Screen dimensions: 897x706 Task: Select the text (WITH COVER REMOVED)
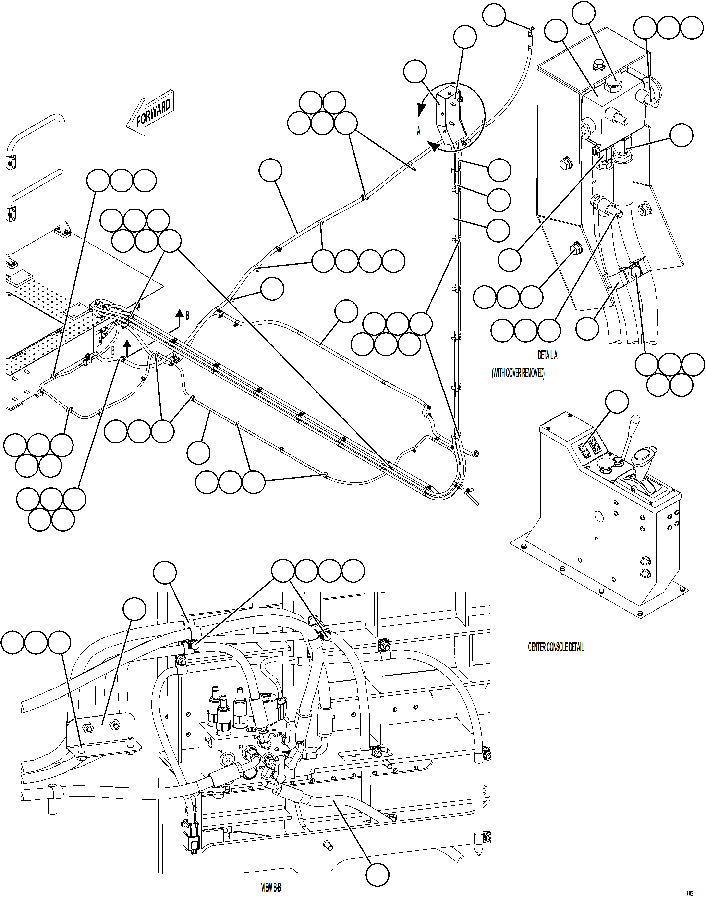[x=518, y=373]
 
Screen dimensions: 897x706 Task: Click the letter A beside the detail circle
[x=418, y=131]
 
